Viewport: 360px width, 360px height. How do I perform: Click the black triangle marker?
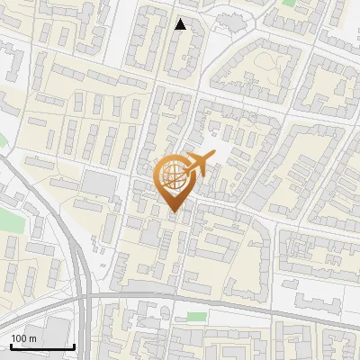click(x=181, y=24)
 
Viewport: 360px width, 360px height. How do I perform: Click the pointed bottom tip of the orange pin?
click(x=174, y=213)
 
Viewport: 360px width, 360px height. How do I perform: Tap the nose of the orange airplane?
click(x=213, y=157)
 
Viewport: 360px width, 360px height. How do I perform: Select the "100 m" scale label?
click(x=23, y=337)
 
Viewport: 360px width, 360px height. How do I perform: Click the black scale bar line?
click(x=42, y=346)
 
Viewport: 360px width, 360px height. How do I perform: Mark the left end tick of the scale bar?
click(x=11, y=345)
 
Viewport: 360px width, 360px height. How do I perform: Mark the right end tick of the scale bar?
click(x=74, y=345)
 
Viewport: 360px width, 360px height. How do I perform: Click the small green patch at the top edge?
click(x=289, y=3)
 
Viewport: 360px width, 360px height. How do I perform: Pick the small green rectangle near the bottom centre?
click(x=196, y=316)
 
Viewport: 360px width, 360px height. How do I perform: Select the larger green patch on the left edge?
click(x=9, y=220)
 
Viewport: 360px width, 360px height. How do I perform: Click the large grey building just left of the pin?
click(x=99, y=184)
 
